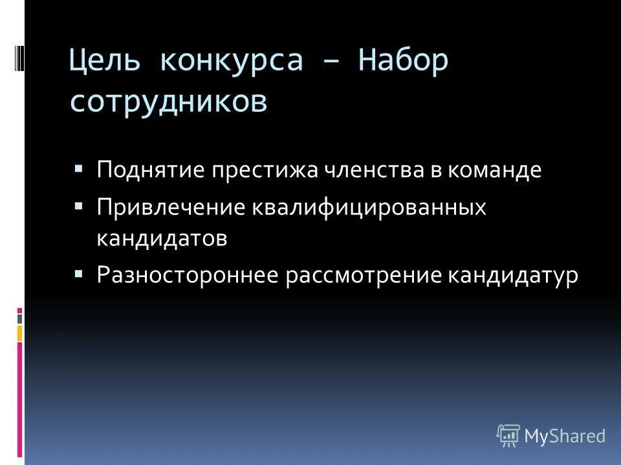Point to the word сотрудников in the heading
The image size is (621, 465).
click(x=168, y=102)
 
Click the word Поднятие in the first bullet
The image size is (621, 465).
click(x=149, y=171)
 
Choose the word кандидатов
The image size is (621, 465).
click(x=162, y=238)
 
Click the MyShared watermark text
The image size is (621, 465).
click(x=565, y=436)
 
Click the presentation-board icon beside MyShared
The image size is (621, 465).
click(x=507, y=435)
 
